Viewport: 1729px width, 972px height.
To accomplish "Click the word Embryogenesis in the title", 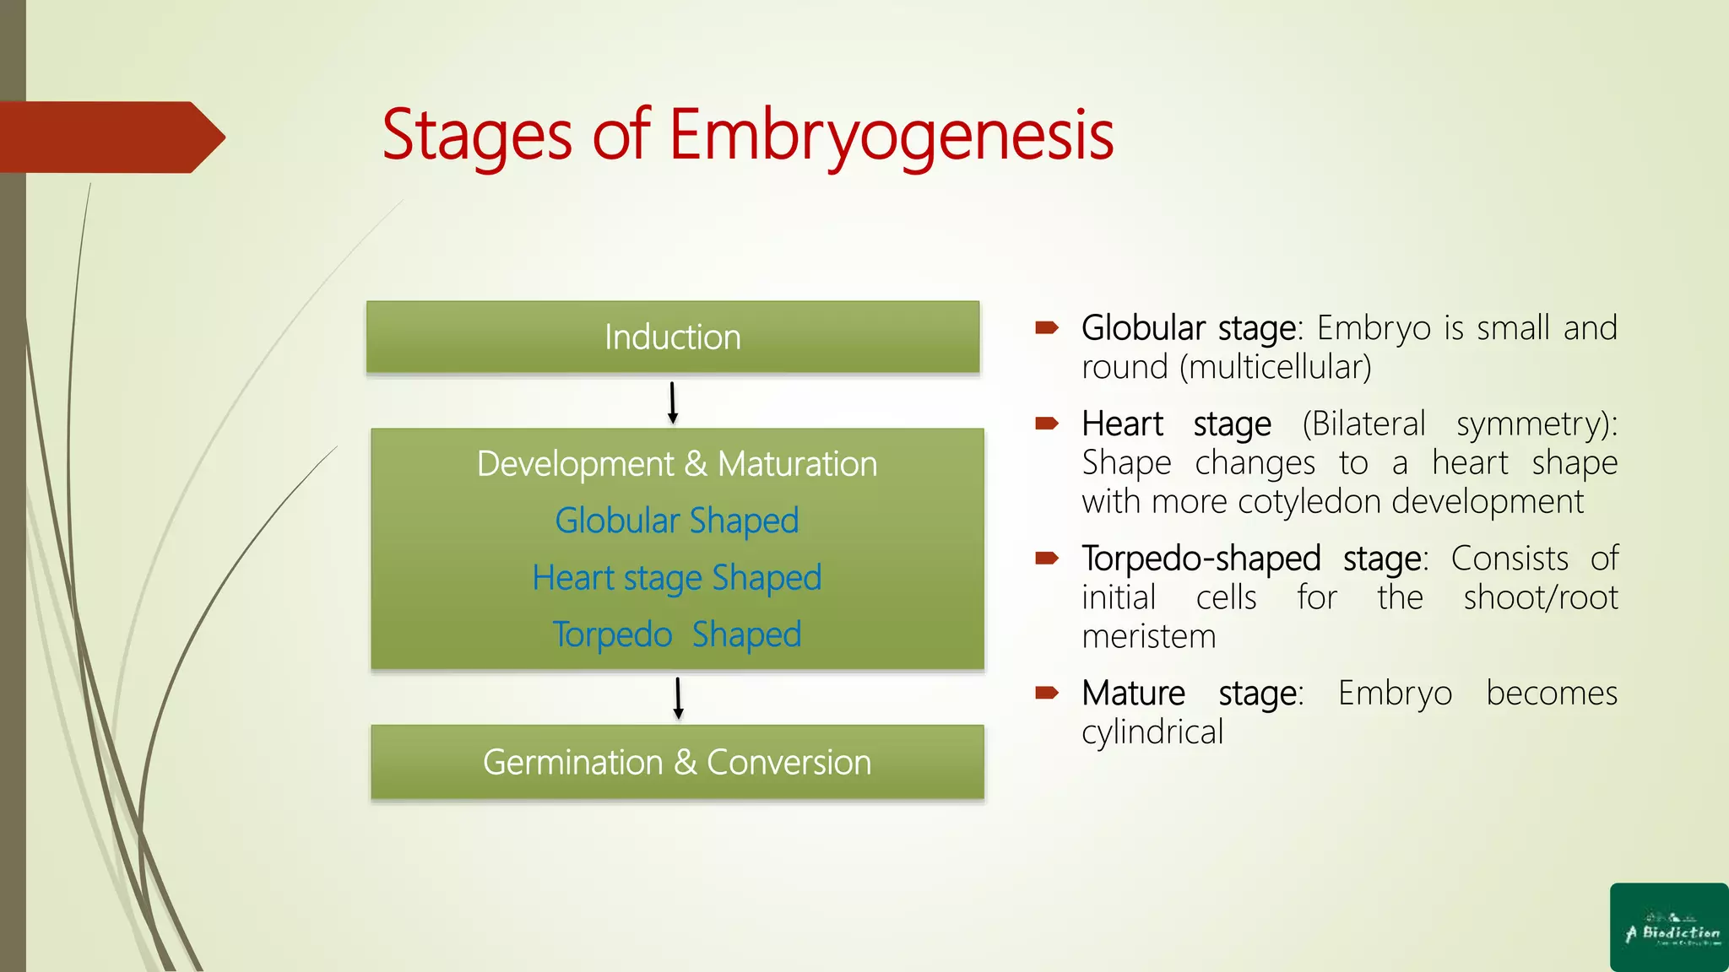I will click(891, 135).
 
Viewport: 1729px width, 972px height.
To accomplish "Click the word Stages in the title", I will click(477, 135).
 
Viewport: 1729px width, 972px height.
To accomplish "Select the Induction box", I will click(673, 337).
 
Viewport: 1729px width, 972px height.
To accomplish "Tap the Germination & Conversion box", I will click(677, 762).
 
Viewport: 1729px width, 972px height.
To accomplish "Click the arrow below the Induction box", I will click(673, 402).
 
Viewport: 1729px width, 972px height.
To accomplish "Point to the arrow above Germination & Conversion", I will click(678, 698).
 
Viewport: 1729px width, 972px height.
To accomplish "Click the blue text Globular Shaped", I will click(677, 521).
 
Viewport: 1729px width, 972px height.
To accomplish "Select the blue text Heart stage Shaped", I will click(677, 578).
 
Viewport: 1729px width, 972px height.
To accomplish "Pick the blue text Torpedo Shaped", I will click(677, 634).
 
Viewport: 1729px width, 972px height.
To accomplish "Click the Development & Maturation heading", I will click(677, 464).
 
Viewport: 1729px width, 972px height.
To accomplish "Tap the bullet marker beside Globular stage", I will click(1047, 328).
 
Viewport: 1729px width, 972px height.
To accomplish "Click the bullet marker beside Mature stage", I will click(1047, 694).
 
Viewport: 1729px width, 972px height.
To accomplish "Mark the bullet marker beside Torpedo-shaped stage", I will click(1047, 559).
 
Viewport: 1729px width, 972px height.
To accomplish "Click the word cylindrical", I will click(1152, 732).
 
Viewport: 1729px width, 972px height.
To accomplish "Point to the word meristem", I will click(1149, 637).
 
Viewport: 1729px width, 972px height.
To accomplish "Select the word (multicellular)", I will click(1276, 368).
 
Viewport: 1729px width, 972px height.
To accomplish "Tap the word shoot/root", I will click(1541, 598).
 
